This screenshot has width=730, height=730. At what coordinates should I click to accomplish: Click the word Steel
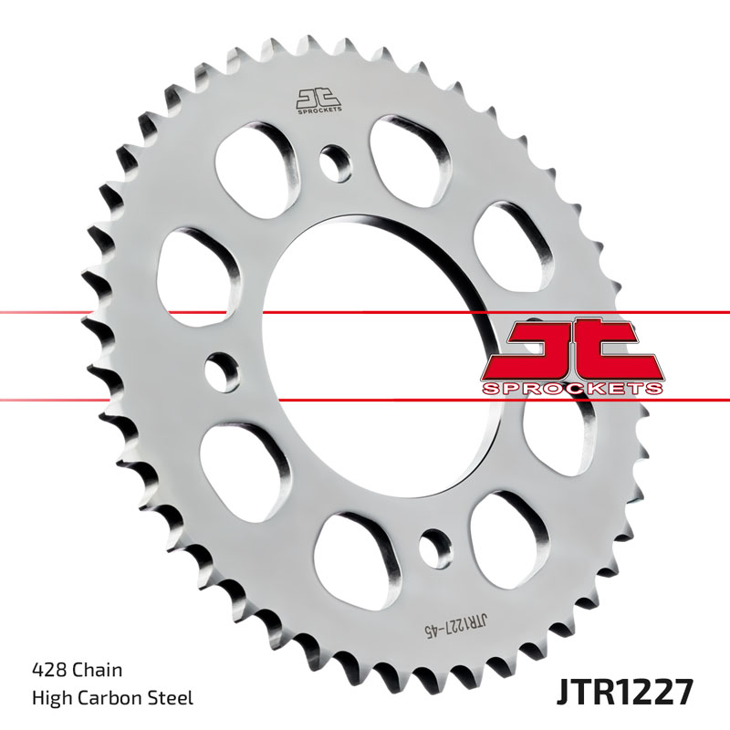coord(172,699)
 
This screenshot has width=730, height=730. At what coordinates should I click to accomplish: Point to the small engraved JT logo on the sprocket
coord(317,100)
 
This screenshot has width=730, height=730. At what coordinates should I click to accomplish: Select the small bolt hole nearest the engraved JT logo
coord(335,162)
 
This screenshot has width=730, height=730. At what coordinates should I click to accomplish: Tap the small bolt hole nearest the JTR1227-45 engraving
coord(433,547)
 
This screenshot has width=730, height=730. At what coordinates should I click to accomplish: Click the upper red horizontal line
coord(137,313)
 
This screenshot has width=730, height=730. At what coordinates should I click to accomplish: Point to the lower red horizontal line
coord(137,399)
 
